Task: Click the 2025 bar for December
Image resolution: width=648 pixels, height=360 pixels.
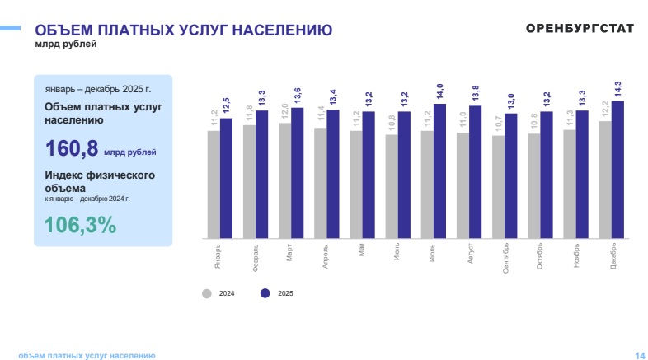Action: pos(617,169)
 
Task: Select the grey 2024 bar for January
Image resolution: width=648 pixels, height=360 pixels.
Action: pos(214,183)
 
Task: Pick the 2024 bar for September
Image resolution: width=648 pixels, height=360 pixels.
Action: pos(498,186)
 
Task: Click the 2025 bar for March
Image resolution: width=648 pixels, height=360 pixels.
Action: pos(298,172)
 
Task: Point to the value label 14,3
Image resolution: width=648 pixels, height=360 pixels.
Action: pos(618,89)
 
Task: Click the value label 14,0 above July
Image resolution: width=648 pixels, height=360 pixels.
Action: pos(440,91)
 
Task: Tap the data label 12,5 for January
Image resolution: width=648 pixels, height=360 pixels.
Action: pos(227,105)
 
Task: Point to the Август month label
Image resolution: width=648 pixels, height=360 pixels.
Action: pos(469,252)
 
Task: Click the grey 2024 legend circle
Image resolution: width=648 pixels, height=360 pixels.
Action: pos(207,293)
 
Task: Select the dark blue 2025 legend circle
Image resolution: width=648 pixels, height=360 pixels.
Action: pos(265,293)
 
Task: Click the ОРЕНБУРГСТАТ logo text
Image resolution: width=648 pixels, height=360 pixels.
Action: pos(580,28)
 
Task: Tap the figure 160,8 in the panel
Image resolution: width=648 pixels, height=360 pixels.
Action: pos(71,148)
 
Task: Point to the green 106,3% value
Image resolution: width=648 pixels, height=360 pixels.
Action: pos(80,224)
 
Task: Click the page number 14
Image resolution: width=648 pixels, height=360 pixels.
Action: pos(640,355)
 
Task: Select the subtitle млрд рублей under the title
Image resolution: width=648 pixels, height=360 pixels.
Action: pos(59,44)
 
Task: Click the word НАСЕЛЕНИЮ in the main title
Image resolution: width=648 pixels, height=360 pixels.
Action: pos(281,30)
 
